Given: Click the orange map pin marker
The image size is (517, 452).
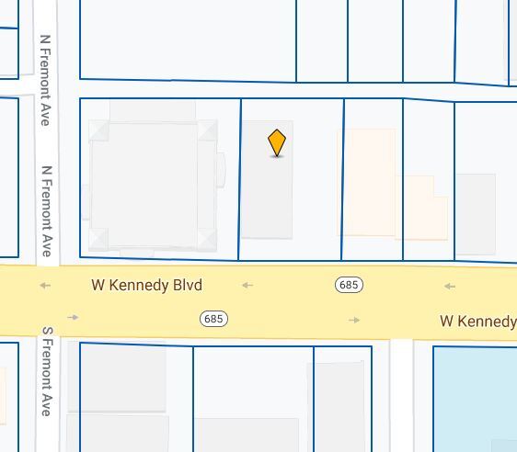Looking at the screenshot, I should pyautogui.click(x=277, y=143).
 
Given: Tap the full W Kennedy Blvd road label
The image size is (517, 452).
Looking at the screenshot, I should pyautogui.click(x=146, y=285).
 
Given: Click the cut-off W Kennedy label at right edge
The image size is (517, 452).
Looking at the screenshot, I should pyautogui.click(x=477, y=321).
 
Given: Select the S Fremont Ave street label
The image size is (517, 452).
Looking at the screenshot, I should pyautogui.click(x=47, y=371).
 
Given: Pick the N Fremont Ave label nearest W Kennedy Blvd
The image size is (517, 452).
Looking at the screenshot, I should pyautogui.click(x=46, y=211).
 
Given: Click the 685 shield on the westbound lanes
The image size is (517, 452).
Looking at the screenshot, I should pyautogui.click(x=349, y=285).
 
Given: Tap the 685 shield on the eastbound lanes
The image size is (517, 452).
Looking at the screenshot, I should pyautogui.click(x=213, y=319).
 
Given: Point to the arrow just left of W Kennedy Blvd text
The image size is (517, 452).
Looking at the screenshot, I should pyautogui.click(x=45, y=286).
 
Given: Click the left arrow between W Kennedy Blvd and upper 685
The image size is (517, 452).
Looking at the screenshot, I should pyautogui.click(x=247, y=286).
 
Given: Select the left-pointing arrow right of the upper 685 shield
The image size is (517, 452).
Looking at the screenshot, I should pyautogui.click(x=449, y=287).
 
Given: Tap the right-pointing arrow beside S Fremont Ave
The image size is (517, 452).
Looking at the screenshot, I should pyautogui.click(x=73, y=318).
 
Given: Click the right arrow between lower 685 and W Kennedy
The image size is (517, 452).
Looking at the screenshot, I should pyautogui.click(x=354, y=320).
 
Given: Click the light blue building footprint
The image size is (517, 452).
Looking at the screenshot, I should pyautogui.click(x=475, y=395).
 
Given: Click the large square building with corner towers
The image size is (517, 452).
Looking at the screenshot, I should pyautogui.click(x=152, y=184).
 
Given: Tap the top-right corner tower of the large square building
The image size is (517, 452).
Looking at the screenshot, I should pyautogui.click(x=207, y=130).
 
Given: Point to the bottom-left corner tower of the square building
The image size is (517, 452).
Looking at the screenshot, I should pyautogui.click(x=98, y=240).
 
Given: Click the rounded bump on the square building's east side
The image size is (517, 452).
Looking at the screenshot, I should pyautogui.click(x=221, y=170).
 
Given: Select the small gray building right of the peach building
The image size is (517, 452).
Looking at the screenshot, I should pyautogui.click(x=475, y=213).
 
